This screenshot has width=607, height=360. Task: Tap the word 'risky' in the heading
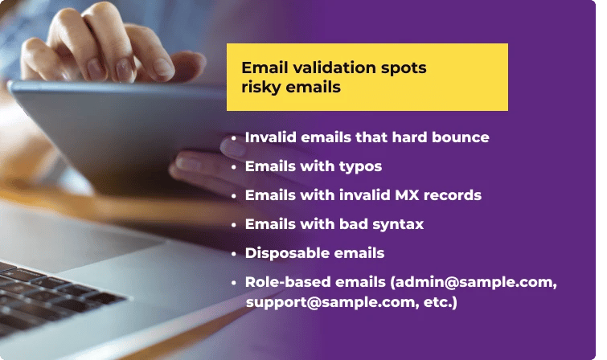click(x=262, y=88)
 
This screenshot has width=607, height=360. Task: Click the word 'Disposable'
click(x=284, y=253)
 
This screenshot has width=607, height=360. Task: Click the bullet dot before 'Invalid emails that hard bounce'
click(x=233, y=138)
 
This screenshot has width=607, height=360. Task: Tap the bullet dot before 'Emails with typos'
click(x=233, y=167)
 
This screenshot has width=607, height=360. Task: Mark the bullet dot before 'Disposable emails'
click(x=233, y=254)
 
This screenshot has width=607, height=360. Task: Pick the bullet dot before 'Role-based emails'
click(x=233, y=283)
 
